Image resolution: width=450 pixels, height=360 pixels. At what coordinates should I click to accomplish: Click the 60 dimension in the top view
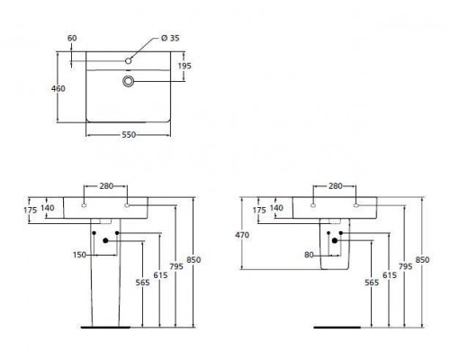[x=72, y=39]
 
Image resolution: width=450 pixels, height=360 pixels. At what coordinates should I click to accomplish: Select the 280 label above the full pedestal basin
[x=105, y=187]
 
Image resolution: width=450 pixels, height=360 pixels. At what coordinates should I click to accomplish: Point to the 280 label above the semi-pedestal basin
[x=336, y=187]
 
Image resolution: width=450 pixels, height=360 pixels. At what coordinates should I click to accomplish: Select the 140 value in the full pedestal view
[x=49, y=208]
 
